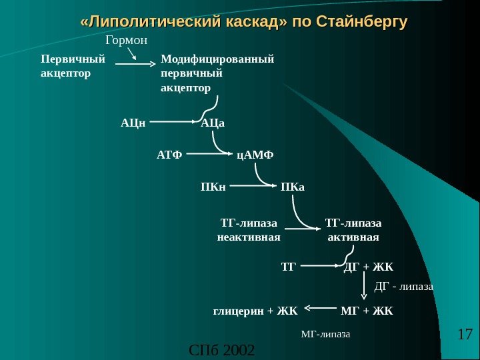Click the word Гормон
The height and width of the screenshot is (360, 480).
[126, 42]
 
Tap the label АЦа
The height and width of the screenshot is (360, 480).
[213, 123]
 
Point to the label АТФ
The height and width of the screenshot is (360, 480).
[169, 155]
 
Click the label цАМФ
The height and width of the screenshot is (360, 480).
[255, 155]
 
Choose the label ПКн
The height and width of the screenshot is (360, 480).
[213, 187]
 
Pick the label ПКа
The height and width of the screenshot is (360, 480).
[293, 187]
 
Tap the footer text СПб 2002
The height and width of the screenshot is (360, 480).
[222, 349]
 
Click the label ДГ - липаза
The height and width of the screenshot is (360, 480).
[404, 287]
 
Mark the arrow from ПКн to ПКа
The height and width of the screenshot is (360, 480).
[253, 187]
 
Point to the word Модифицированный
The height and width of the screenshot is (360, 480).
[217, 59]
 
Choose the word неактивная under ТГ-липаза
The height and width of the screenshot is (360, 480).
[249, 237]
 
